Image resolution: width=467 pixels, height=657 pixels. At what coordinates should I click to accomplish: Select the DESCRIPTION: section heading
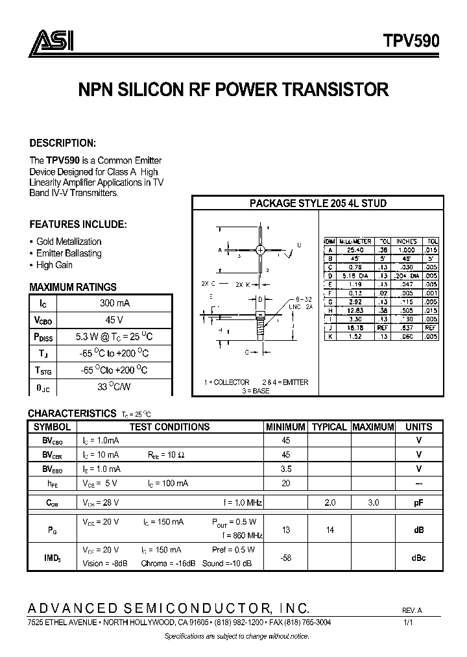coord(63,143)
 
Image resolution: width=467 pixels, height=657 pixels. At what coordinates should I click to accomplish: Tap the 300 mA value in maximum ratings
coord(114,303)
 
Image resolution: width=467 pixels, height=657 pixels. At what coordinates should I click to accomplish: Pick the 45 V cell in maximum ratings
coord(114,320)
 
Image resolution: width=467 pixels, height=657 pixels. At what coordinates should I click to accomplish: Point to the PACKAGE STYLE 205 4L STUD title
coord(318,203)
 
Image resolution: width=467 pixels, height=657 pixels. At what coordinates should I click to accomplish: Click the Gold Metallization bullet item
coord(69,242)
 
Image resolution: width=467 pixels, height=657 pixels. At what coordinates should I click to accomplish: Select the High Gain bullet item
coord(54,265)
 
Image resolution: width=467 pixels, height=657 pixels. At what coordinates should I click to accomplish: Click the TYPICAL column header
coord(329,427)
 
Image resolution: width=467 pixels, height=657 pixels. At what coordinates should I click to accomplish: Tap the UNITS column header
coord(418,427)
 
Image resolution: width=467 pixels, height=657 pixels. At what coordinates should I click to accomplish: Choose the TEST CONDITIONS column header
coord(169,427)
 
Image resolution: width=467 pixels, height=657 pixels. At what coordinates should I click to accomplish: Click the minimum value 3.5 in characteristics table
coord(285,469)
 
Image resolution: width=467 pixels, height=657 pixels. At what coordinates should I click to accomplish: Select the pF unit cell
coord(418,503)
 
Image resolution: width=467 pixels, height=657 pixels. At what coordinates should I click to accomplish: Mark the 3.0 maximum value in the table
coord(372,503)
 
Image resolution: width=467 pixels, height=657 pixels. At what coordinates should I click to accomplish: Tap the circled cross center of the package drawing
coord(260,250)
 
